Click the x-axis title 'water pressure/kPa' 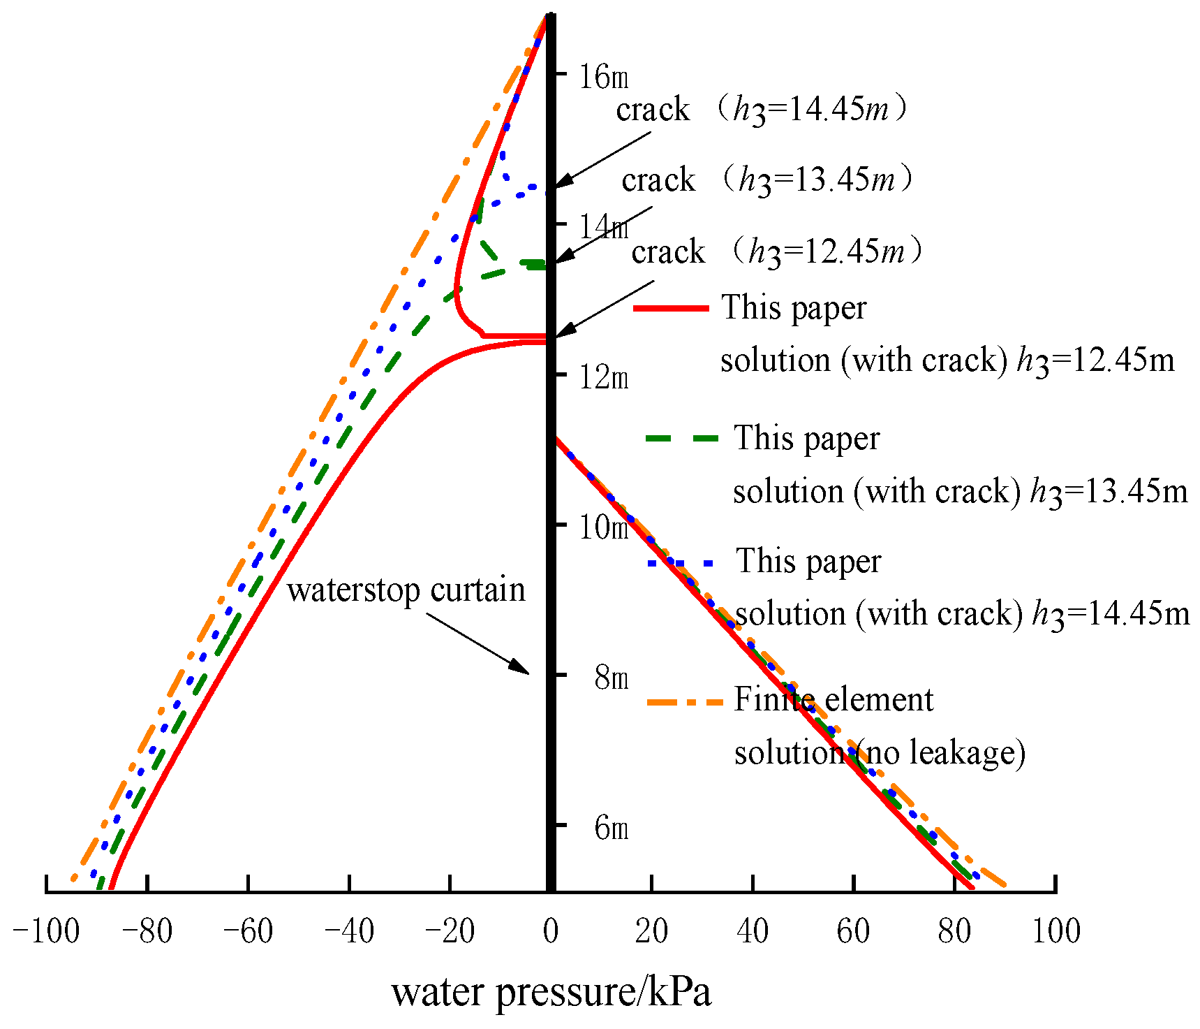pos(551,993)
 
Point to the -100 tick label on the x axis pos(46,931)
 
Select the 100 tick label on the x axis pos(1055,931)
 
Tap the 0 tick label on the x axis pos(551,931)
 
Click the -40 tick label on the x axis pos(349,931)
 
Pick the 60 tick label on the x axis pos(853,931)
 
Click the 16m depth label pos(604,76)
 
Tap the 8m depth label pos(612,678)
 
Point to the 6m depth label pos(612,828)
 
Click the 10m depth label pos(604,527)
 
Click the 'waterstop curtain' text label pos(406,590)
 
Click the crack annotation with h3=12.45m pos(776,251)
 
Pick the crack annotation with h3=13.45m pos(766,180)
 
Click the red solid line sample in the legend pos(671,308)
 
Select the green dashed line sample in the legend pos(681,438)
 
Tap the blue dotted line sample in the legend pos(681,562)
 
